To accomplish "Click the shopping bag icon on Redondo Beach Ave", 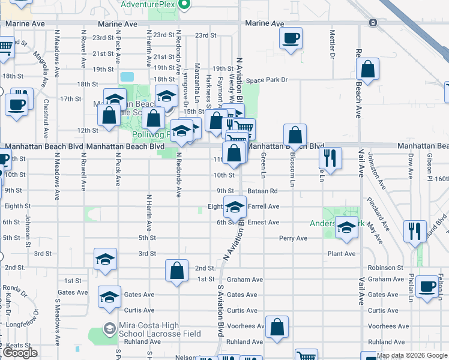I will click(x=367, y=69).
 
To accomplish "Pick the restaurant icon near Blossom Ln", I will click(x=330, y=158).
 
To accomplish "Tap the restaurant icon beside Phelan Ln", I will click(x=414, y=231).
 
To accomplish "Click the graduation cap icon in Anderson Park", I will click(x=346, y=227).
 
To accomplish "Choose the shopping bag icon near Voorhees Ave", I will click(x=277, y=328).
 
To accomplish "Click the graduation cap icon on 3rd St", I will click(x=104, y=260).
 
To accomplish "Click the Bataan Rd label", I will click(x=264, y=191).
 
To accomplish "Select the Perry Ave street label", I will click(x=293, y=238).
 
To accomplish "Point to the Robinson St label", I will click(x=385, y=268).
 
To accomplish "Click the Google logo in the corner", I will click(x=20, y=353).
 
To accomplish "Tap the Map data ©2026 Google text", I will click(x=412, y=356).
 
